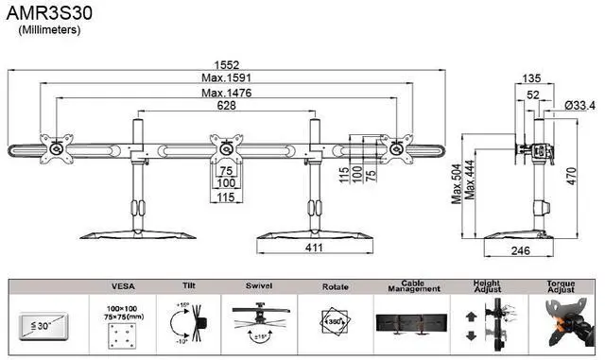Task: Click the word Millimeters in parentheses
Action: coord(50,30)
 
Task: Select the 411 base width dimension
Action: coord(315,248)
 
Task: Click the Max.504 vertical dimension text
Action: coord(456,182)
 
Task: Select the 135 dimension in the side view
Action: coord(531,78)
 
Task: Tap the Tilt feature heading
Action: coord(187,284)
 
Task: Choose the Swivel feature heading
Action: coord(258,284)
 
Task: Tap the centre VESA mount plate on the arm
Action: coord(225,148)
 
